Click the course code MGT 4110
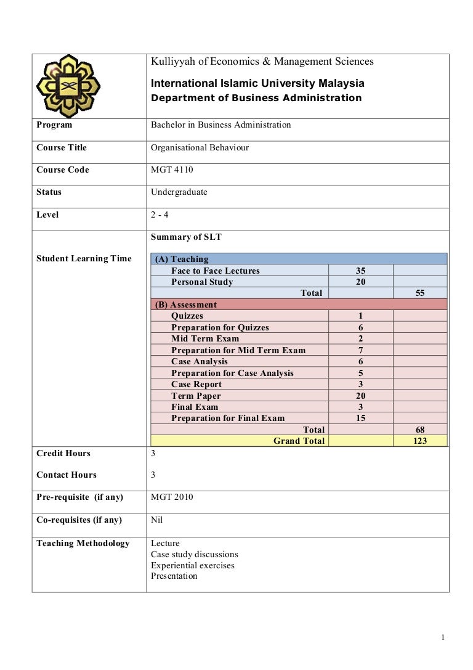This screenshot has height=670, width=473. [x=172, y=170]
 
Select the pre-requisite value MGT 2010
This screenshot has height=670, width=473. [x=172, y=497]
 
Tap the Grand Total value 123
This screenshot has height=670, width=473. [x=421, y=441]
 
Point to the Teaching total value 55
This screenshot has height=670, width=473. [x=421, y=293]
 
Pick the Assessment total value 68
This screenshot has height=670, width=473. [x=421, y=430]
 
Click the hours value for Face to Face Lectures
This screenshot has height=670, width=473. [x=360, y=271]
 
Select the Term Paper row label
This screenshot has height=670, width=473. [x=196, y=396]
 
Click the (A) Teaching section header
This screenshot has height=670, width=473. [x=182, y=259]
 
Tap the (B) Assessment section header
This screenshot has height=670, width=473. [x=185, y=304]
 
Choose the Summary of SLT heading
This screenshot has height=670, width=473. [x=182, y=237]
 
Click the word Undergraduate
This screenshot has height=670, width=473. [x=179, y=192]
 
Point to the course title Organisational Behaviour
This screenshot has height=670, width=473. [x=200, y=148]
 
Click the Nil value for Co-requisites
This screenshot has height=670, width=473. [x=157, y=520]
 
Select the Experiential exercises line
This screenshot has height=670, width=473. [x=193, y=565]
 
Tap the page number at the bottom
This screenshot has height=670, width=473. [x=443, y=637]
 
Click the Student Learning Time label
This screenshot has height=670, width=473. [x=84, y=259]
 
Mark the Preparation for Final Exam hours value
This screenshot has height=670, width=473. [x=360, y=419]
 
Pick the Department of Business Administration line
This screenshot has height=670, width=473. [x=256, y=98]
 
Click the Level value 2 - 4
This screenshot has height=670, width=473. [x=160, y=215]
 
